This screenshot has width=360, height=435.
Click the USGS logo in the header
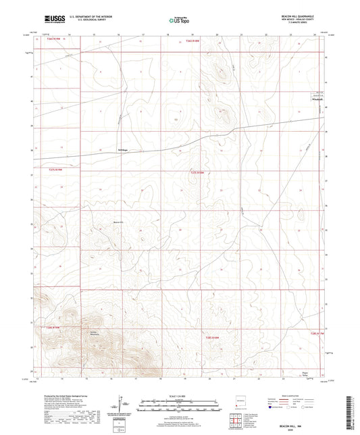[x=52, y=18]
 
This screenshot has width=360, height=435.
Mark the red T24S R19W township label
[x=53, y=327]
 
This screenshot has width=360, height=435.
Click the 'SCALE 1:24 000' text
[x=180, y=396]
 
